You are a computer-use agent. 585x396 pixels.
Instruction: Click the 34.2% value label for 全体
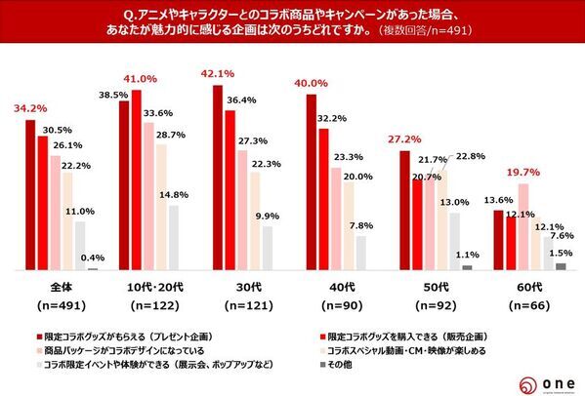tap(26, 106)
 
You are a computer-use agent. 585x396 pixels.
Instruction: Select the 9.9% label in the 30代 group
tap(268, 216)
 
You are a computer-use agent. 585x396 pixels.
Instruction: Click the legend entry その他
tap(348, 364)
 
